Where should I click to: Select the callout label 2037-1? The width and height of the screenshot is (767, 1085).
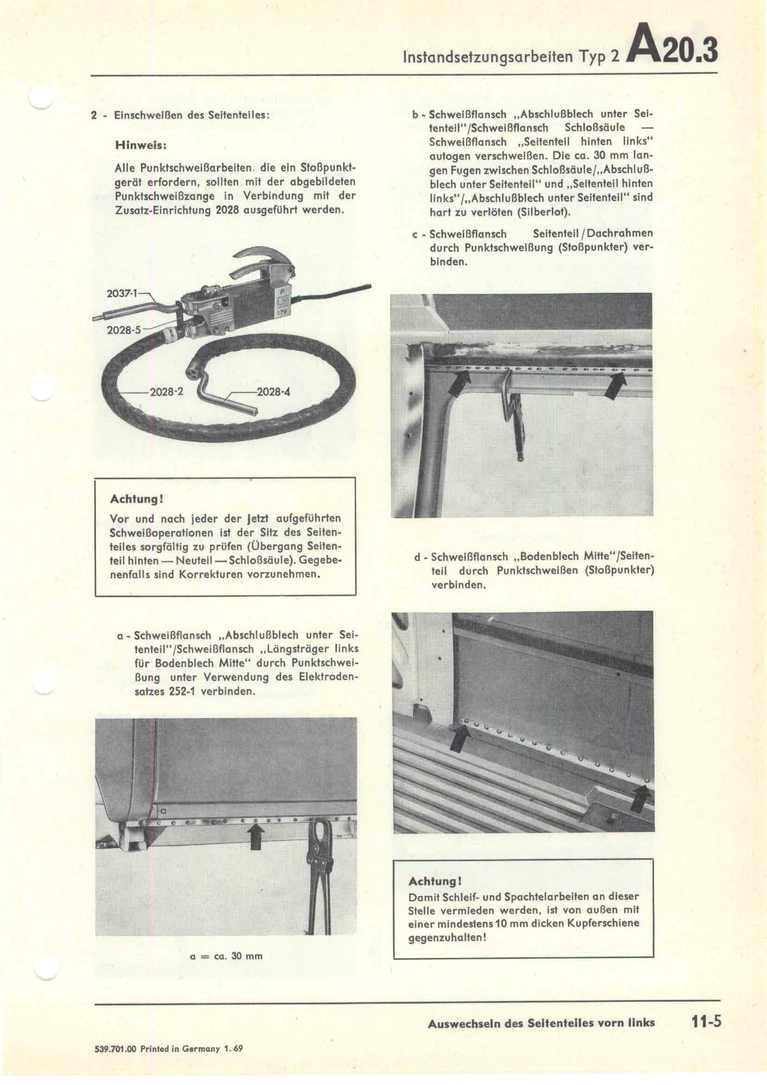click(x=121, y=293)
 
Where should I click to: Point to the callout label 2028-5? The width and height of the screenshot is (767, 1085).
click(x=124, y=330)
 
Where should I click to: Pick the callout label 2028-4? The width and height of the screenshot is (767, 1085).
click(x=273, y=392)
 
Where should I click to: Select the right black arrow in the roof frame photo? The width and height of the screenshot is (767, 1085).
click(x=616, y=385)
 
